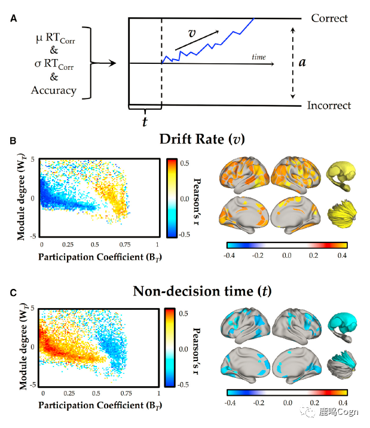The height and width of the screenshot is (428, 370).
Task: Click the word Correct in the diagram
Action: pyautogui.click(x=329, y=18)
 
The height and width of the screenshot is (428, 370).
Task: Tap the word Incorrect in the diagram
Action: pyautogui.click(x=329, y=106)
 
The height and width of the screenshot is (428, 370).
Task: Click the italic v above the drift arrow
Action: pyautogui.click(x=191, y=33)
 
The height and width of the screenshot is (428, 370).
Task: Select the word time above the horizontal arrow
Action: pyautogui.click(x=259, y=57)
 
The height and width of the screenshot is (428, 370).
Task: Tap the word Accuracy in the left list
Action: pyautogui.click(x=54, y=91)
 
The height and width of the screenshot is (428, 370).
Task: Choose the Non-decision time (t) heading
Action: pyautogui.click(x=201, y=292)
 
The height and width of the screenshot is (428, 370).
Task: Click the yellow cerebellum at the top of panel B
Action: pyautogui.click(x=345, y=173)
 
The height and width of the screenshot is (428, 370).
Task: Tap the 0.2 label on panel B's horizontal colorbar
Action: pyautogui.click(x=314, y=255)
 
